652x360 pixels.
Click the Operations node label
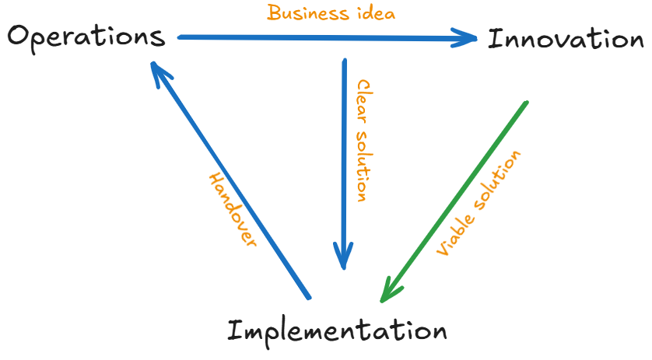coord(86,37)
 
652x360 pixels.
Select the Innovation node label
coord(566,39)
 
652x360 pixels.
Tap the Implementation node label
coord(337,330)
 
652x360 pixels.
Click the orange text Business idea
coord(331,13)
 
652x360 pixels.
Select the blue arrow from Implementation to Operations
coord(233,187)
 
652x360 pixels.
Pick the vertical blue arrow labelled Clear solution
coord(344,156)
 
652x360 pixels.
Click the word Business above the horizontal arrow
coord(308,13)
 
